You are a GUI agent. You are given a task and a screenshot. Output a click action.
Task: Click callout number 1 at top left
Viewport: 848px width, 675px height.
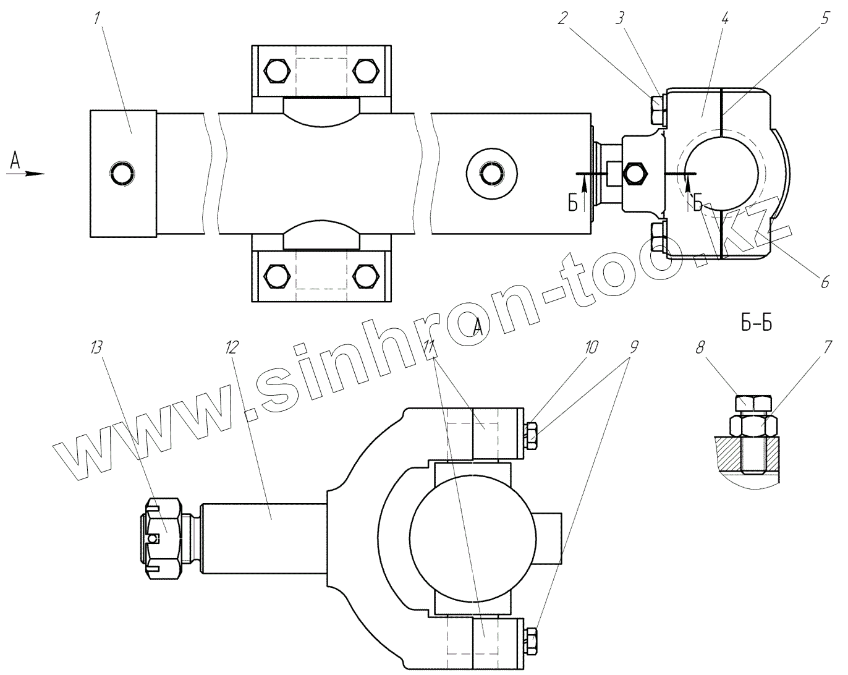[x=97, y=18]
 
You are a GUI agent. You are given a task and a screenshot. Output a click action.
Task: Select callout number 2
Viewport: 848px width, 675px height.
[x=562, y=18]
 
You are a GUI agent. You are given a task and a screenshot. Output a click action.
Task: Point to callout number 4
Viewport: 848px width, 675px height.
[x=724, y=18]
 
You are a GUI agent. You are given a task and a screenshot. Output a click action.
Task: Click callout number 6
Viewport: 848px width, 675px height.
[x=825, y=282]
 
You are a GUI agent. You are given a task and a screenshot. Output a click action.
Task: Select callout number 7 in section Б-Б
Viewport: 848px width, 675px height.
[x=827, y=347]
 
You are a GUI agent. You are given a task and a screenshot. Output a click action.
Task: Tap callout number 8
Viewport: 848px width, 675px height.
[x=700, y=347]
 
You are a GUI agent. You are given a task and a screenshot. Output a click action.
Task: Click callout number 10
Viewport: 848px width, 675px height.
[x=591, y=347]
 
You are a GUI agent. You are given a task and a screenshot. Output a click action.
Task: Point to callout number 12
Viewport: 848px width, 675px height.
[x=232, y=347]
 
